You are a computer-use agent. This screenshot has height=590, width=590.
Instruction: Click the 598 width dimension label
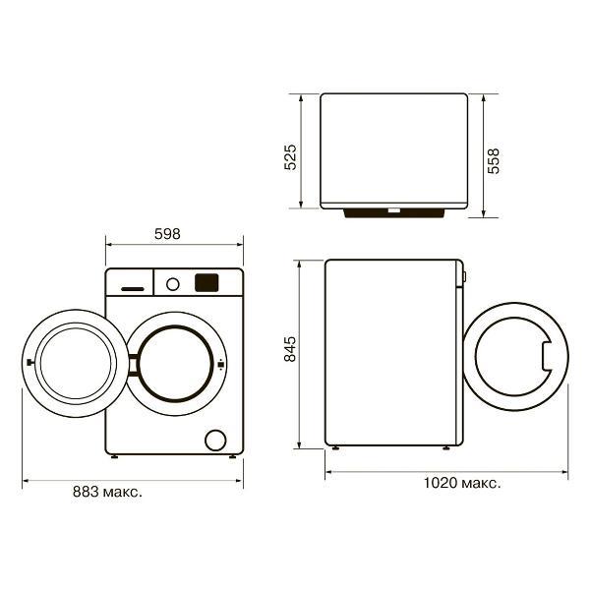point(167,234)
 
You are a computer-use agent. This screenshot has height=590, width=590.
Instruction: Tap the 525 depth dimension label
point(290,157)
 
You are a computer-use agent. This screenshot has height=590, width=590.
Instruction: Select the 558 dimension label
point(494,160)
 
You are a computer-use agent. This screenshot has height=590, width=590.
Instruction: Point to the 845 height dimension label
point(290,349)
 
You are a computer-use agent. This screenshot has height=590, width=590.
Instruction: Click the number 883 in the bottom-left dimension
point(87,492)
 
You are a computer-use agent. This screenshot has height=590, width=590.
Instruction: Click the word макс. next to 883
point(123,493)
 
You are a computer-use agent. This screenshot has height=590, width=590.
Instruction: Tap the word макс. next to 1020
point(481,484)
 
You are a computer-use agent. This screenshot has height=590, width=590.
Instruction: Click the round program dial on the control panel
point(173,284)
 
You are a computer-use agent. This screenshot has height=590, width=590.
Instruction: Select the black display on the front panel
point(206,283)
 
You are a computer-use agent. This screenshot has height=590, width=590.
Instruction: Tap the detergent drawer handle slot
point(133,289)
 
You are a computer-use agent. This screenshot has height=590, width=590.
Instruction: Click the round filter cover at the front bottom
point(215,441)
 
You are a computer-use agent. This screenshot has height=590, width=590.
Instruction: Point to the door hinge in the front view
point(133,365)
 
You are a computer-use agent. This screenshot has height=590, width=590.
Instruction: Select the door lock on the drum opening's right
point(221,364)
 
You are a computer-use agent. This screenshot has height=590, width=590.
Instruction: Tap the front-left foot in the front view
point(114,456)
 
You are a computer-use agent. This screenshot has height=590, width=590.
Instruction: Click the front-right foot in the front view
point(232,456)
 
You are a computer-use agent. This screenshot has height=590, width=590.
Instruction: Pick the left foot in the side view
point(335,447)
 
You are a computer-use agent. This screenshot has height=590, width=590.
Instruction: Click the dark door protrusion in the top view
point(394,213)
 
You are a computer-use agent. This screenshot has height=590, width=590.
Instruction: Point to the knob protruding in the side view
point(465,277)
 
